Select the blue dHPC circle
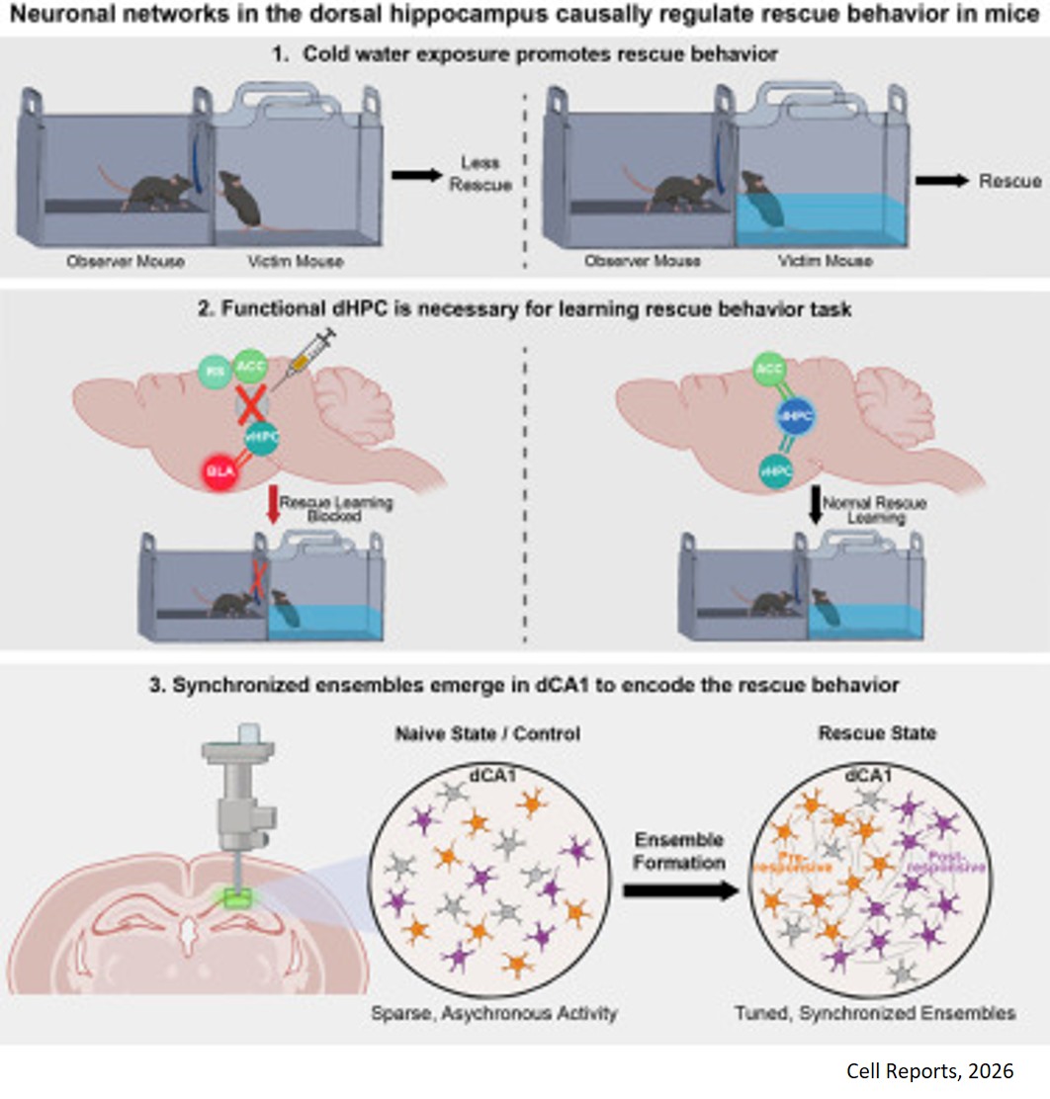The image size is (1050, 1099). [796, 419]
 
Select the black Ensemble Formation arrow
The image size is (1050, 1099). [681, 890]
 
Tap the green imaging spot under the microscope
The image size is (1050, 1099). [239, 900]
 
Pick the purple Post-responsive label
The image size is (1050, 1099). [954, 861]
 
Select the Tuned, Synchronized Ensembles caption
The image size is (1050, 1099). [875, 1014]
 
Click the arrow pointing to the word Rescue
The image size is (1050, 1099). [938, 182]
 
